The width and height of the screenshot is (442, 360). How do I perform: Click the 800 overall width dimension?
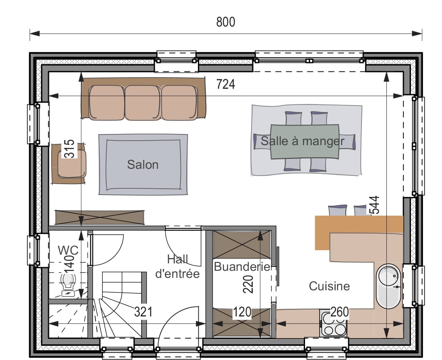coord(225,22)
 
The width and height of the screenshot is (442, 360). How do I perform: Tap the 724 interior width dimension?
coord(225,84)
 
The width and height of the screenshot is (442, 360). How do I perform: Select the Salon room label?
coord(143,165)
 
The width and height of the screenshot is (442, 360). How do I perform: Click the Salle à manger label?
coord(303,141)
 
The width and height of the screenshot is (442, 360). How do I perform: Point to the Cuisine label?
coord(329,286)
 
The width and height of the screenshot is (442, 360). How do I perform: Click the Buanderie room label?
coord(242,267)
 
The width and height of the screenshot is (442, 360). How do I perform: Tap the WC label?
coord(68,250)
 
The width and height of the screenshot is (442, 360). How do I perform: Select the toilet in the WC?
coord(68,285)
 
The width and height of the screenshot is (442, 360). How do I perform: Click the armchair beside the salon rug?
coord(69,163)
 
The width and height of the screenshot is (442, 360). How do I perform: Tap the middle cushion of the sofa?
coord(143,102)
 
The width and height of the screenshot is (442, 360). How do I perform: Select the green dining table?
coord(305,142)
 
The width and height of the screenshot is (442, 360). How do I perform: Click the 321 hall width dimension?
coord(143,312)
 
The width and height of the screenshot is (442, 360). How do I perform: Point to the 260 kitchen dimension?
coord(339,312)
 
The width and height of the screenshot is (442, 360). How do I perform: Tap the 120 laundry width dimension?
coord(242,312)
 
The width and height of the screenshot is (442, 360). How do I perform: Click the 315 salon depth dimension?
coord(69,148)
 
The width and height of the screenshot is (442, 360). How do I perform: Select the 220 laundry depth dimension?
coord(248,285)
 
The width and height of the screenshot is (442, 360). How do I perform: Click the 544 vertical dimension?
coord(375,205)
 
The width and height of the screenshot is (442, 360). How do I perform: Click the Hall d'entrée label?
coord(178,267)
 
